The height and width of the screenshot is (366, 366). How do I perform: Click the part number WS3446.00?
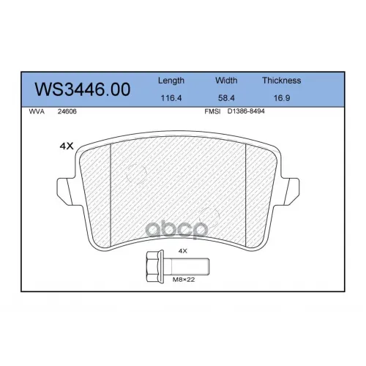[83, 89]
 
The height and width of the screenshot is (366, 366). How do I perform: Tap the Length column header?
[171, 81]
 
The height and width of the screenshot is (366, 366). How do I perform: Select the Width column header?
[226, 81]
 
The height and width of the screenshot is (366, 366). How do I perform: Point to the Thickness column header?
[282, 81]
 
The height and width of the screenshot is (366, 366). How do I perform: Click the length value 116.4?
[171, 98]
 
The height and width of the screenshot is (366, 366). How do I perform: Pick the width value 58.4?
[226, 98]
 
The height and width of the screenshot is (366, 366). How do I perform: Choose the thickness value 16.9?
[282, 98]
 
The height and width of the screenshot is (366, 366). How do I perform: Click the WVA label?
[37, 111]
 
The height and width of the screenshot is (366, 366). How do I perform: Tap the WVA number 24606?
[67, 111]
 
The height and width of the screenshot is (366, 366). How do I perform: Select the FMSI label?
[212, 111]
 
